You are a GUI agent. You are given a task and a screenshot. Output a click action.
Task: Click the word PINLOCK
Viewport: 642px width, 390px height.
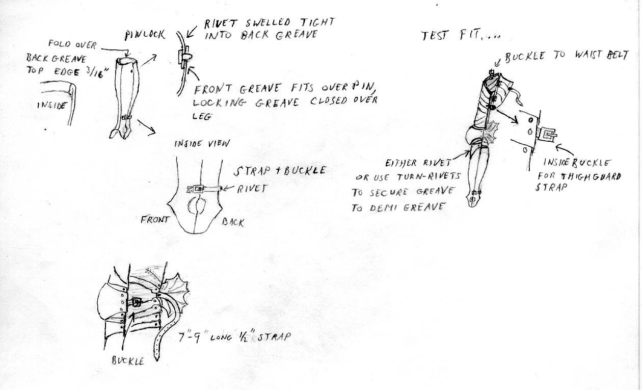[x=145, y=35]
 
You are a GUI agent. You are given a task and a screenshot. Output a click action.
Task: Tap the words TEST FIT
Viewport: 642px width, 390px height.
[x=451, y=35]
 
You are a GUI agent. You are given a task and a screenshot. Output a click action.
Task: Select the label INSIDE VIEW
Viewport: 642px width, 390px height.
[x=202, y=143]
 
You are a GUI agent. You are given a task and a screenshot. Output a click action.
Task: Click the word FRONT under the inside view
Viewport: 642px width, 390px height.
[x=155, y=220]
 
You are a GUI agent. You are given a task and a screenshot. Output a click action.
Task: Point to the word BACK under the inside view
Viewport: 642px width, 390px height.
[x=233, y=222]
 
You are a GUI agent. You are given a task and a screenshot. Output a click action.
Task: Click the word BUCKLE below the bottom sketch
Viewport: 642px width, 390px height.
[x=128, y=361]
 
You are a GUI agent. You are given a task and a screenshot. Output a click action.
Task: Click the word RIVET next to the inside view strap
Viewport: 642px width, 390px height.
[x=252, y=189]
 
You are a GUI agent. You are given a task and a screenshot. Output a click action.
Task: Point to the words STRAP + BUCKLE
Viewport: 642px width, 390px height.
[x=279, y=171]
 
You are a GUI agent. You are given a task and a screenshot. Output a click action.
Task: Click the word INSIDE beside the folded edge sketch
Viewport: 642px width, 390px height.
[x=51, y=105]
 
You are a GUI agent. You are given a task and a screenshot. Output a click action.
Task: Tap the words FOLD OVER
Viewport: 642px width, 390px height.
[x=72, y=44]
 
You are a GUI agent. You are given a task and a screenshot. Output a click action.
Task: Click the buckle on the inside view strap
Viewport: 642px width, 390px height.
[x=198, y=189]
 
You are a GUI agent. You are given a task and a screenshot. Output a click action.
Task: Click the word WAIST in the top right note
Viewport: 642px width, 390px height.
[x=589, y=55]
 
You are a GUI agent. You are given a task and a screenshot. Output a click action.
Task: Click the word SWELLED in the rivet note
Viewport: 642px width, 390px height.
[x=267, y=22]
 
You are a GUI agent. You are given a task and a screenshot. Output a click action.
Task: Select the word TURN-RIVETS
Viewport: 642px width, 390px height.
[x=429, y=177]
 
